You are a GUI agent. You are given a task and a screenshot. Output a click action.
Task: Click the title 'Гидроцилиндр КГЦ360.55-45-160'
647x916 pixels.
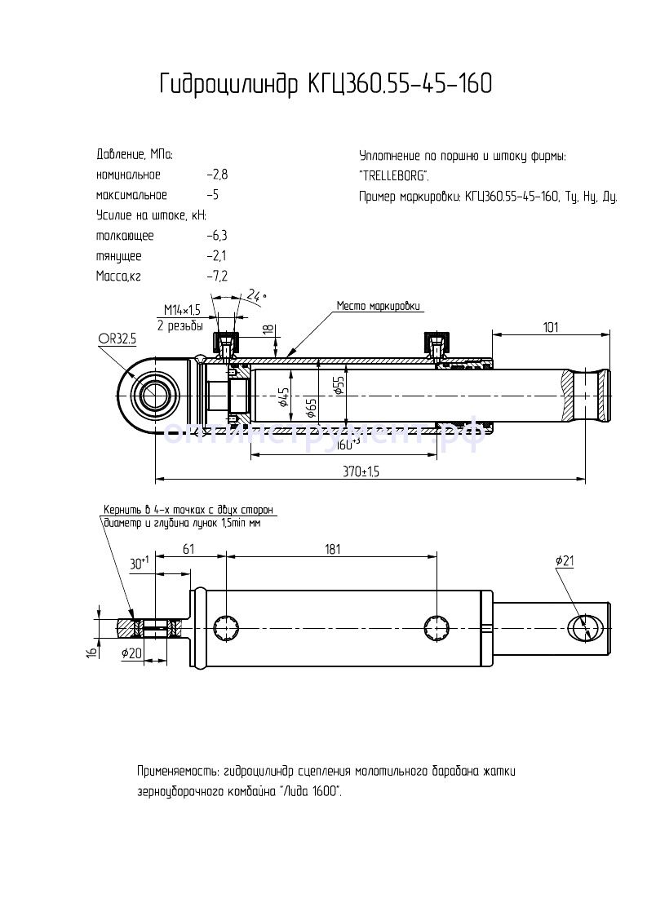[x=326, y=84]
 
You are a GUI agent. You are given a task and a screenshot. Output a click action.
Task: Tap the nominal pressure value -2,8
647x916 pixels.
[x=217, y=175]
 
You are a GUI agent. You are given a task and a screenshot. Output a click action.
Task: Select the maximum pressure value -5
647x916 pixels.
[x=213, y=196]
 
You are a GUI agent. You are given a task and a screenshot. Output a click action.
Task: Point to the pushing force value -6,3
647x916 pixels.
[x=217, y=237]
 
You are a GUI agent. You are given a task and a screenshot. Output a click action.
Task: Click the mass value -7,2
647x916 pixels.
[x=217, y=277]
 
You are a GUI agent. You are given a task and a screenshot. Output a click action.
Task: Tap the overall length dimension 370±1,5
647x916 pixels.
[x=361, y=471]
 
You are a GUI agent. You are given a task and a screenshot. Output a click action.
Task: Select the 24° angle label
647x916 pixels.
[x=256, y=294]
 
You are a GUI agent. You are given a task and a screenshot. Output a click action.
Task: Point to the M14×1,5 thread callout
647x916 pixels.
[x=181, y=310]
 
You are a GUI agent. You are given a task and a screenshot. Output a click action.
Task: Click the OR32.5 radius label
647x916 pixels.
[x=117, y=336]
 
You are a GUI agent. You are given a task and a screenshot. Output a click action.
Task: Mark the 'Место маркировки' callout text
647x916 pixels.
[x=379, y=307]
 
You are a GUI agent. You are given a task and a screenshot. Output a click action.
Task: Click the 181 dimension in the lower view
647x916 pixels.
[x=332, y=550]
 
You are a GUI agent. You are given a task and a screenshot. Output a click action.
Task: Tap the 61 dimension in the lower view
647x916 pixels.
[x=188, y=550]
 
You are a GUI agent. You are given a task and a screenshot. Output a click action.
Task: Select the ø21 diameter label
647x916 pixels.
[x=565, y=561]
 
